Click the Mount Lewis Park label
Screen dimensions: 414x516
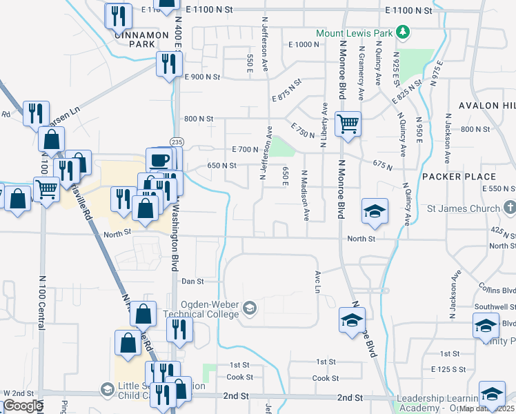click(354, 32)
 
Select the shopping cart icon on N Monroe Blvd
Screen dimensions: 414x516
click(348, 124)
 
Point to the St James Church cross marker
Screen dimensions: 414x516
click(509, 207)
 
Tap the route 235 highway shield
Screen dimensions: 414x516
click(177, 141)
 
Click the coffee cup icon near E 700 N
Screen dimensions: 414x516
click(159, 159)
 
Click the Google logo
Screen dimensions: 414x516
click(22, 406)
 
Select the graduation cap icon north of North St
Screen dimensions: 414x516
click(376, 210)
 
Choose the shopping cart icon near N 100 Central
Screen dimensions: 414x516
click(46, 188)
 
